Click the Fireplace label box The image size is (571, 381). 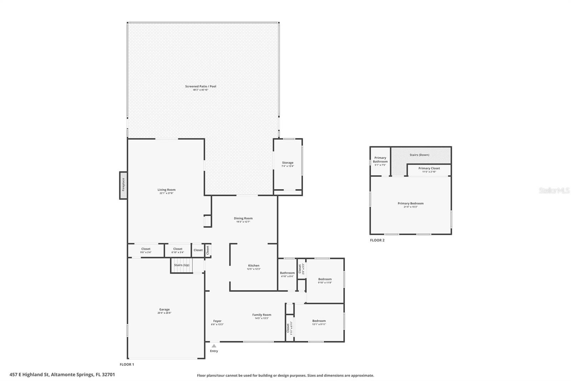pos(123,185)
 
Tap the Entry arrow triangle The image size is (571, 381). pos(214,346)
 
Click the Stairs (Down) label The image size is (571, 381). pos(419,155)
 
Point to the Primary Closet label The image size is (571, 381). pos(429,168)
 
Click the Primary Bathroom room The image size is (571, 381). pos(380,162)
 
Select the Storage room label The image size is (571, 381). pos(288,163)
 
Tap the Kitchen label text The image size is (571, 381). pos(254,266)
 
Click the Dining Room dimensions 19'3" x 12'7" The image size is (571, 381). pos(243,222)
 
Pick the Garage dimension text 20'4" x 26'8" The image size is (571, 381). pos(165,313)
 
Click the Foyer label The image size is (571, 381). pos(217,321)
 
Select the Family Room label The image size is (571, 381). pos(262,315)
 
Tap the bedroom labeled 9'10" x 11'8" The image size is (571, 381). pos(325,281)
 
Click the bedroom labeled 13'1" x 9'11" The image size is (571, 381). pos(319,322)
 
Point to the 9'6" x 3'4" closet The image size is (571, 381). pos(146,251)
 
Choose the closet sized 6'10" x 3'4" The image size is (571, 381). pos(178,251)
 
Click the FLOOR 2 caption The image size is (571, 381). pos(377,240)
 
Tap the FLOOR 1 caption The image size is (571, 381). pos(127,365)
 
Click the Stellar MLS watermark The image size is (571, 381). pos(554,190)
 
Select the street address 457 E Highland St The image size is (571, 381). pos(62,375)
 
